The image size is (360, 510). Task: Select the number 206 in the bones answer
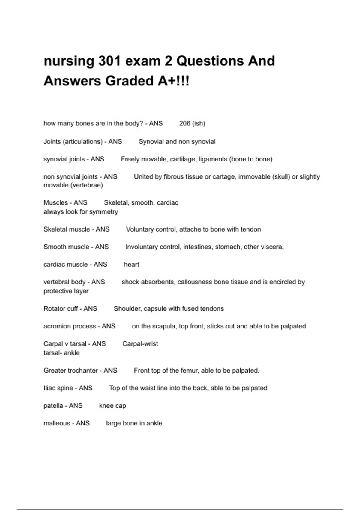tap(185, 123)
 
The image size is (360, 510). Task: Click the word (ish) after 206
tap(199, 123)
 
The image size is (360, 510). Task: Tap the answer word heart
tap(131, 265)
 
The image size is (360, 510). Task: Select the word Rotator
tap(55, 309)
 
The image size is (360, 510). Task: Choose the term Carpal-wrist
tap(140, 344)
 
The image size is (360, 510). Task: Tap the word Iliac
tap(49, 388)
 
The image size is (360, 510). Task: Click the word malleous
tap(56, 423)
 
